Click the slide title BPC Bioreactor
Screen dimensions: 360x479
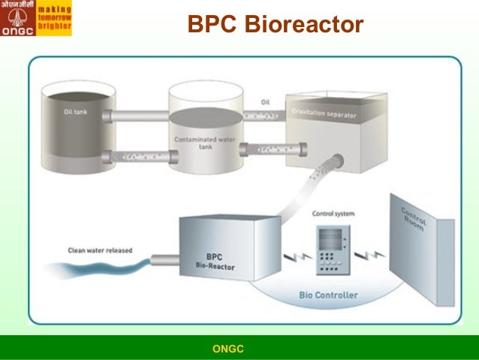click(275, 26)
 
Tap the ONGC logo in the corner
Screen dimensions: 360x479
click(17, 18)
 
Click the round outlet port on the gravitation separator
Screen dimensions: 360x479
click(337, 159)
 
